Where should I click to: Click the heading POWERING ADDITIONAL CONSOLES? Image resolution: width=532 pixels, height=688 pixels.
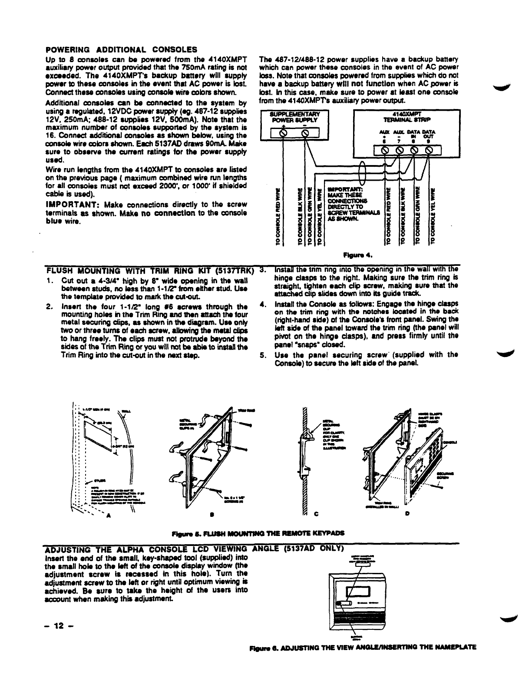[121, 49]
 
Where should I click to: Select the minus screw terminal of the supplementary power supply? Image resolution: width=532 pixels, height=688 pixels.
[305, 133]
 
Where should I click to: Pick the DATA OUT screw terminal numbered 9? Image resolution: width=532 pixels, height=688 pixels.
[429, 150]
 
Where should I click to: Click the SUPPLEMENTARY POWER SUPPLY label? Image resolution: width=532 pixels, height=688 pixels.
[294, 116]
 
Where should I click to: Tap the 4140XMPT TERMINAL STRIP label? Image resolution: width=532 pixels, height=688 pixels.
[407, 116]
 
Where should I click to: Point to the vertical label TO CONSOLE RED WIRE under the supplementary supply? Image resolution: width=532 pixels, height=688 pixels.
[278, 217]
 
